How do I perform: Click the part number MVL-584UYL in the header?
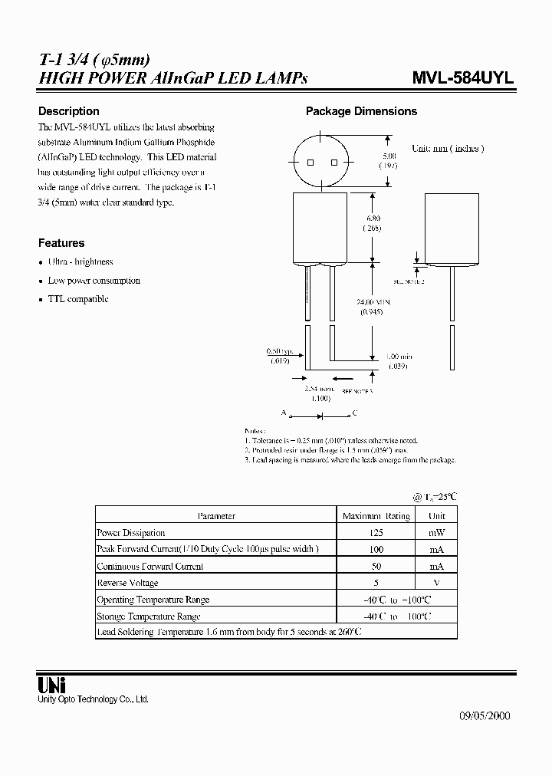point(463,78)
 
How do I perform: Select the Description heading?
point(69,111)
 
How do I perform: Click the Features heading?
point(61,243)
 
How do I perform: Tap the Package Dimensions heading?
point(361,111)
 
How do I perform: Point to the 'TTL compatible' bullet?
point(78,299)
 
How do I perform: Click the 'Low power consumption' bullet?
point(94,281)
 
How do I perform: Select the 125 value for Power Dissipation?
point(376,533)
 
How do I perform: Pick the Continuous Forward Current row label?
point(149,567)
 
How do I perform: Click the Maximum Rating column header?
point(376,516)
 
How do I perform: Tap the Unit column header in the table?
point(437,516)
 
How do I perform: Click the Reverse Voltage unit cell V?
point(437,584)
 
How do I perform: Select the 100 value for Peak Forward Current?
point(376,550)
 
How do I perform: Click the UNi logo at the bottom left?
point(52,685)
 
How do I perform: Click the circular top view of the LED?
point(321,163)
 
